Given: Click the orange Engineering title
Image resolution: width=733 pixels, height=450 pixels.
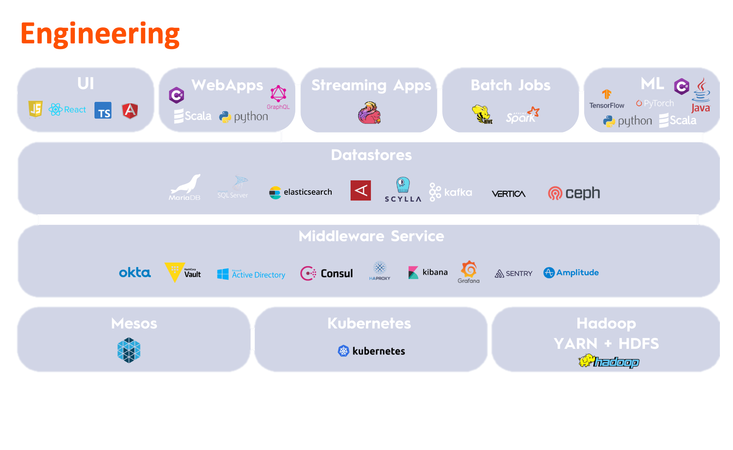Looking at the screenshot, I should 100,34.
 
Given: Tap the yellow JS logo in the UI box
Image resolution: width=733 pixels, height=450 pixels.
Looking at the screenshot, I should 36,109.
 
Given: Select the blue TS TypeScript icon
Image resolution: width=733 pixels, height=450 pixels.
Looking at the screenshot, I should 103,110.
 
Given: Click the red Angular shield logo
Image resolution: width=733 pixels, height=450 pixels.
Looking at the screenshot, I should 130,110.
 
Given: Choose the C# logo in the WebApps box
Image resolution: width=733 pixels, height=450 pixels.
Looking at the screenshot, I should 176,95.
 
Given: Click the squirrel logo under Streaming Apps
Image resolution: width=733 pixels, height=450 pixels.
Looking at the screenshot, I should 369,113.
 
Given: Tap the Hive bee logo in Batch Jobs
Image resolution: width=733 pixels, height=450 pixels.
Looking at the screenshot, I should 482,115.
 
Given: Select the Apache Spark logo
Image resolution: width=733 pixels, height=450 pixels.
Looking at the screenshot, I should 522,115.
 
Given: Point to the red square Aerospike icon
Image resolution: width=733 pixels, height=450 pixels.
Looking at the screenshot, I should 361,191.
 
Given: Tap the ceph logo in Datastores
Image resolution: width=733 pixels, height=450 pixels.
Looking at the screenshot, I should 574,193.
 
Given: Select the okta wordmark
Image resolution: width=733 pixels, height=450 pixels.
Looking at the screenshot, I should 135,272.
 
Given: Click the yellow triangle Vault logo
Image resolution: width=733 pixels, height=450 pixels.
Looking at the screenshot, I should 175,272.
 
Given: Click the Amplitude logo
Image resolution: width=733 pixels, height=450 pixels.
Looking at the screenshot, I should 571,272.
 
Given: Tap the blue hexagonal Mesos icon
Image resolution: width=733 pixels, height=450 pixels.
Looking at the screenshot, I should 129,350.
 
